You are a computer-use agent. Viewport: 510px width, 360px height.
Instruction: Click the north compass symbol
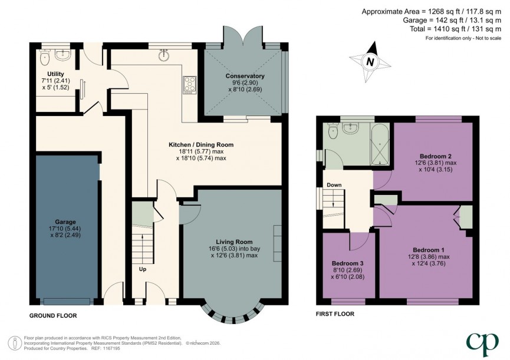tap(369, 61)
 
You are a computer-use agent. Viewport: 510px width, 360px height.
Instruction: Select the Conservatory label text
tap(245, 76)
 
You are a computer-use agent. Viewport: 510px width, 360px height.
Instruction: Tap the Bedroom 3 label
tap(347, 263)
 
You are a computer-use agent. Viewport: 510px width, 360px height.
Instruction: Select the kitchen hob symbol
tap(190, 85)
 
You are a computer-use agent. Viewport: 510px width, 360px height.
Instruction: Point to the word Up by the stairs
tap(143, 269)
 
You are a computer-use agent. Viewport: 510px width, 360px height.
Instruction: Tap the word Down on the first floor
tap(334, 185)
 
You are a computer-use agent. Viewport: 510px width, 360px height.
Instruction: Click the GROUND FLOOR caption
tap(53, 316)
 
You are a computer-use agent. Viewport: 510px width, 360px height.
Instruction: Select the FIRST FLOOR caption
tap(335, 314)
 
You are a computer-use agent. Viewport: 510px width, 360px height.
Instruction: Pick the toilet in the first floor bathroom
tap(334, 133)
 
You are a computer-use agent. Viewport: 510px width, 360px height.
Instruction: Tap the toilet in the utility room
tap(45, 58)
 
